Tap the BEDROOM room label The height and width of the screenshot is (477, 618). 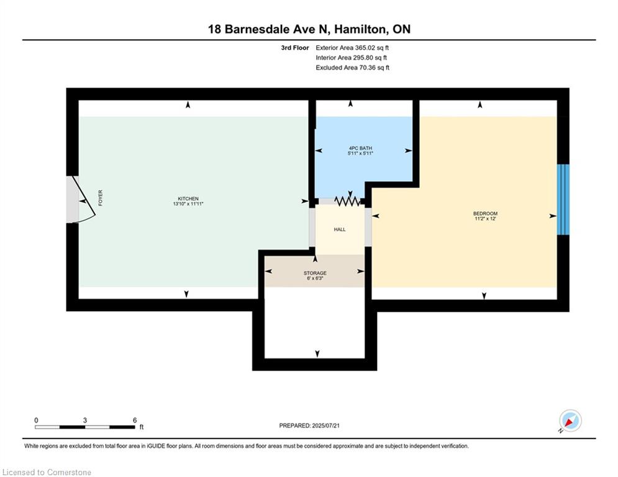pyautogui.click(x=485, y=214)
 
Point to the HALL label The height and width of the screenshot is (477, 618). pyautogui.click(x=340, y=229)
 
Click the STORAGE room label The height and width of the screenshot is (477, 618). pyautogui.click(x=315, y=273)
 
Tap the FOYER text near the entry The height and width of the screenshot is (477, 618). pyautogui.click(x=100, y=198)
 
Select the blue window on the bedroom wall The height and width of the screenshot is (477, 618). pyautogui.click(x=563, y=199)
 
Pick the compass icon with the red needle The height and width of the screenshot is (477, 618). pyautogui.click(x=570, y=421)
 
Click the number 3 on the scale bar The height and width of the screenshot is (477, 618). pyautogui.click(x=85, y=420)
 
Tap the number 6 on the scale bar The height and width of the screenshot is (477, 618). pyautogui.click(x=135, y=420)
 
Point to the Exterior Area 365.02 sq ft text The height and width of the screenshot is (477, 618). pyautogui.click(x=352, y=47)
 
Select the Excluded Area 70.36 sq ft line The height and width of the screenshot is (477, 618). pyautogui.click(x=352, y=68)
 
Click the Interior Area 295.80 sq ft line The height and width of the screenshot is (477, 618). pyautogui.click(x=352, y=58)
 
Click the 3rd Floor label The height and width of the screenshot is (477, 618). pyautogui.click(x=295, y=47)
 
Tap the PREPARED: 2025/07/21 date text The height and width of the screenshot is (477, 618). pyautogui.click(x=309, y=425)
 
